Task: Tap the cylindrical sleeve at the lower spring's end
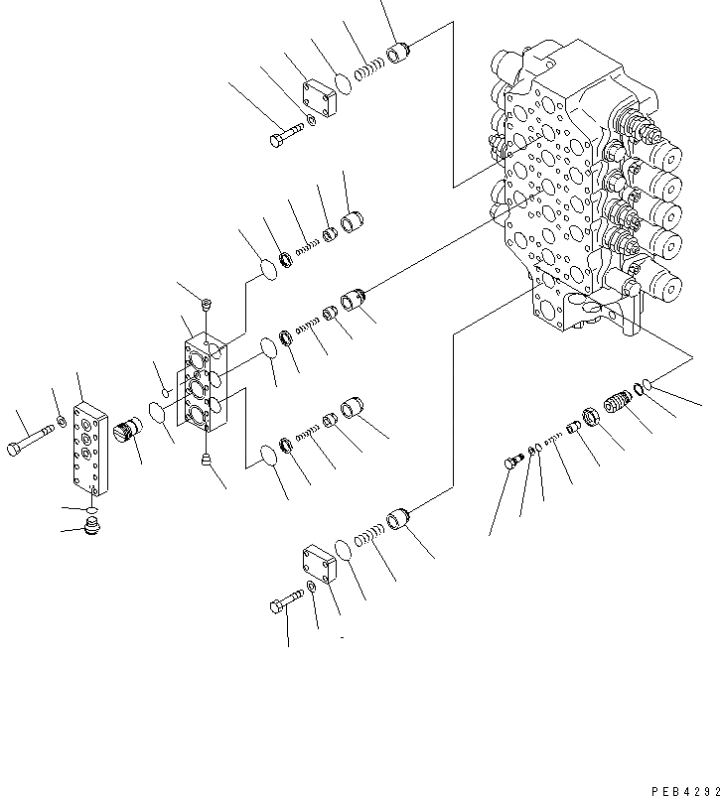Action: [399, 518]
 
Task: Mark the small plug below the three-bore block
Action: [206, 458]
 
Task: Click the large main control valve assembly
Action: [586, 189]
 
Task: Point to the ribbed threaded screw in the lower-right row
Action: [618, 406]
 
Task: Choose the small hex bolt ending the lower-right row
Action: [512, 461]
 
